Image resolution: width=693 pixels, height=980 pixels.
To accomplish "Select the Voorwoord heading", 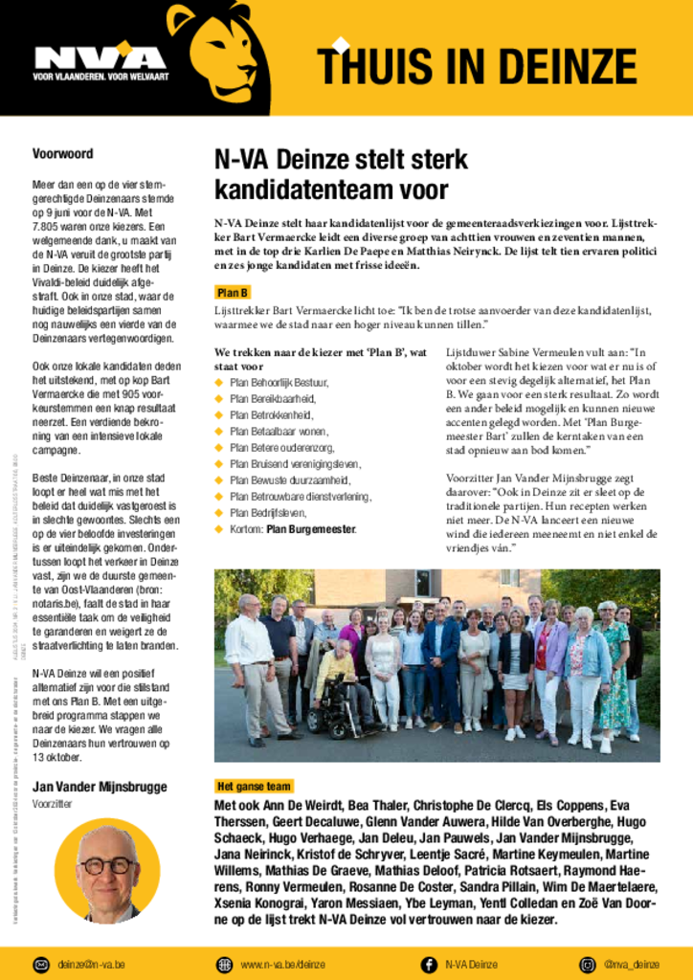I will (x=62, y=153).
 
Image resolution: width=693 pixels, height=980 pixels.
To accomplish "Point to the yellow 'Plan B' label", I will (x=233, y=293).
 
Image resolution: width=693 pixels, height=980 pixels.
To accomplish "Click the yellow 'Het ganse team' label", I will (x=254, y=787).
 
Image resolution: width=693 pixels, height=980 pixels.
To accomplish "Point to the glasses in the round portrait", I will (x=107, y=865).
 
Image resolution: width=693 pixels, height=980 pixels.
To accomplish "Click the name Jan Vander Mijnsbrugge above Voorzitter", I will (x=100, y=787).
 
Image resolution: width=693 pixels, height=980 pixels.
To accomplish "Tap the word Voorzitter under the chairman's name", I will (x=55, y=805).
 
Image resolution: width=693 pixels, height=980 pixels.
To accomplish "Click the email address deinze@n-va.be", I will (x=91, y=965).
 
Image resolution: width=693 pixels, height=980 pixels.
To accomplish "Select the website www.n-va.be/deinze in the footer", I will (x=282, y=965).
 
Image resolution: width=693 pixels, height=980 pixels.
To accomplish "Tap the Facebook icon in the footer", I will (x=429, y=965).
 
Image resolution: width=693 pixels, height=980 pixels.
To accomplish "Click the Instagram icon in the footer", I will (x=587, y=965).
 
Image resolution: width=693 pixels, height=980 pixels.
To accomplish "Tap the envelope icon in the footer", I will (x=41, y=965).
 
